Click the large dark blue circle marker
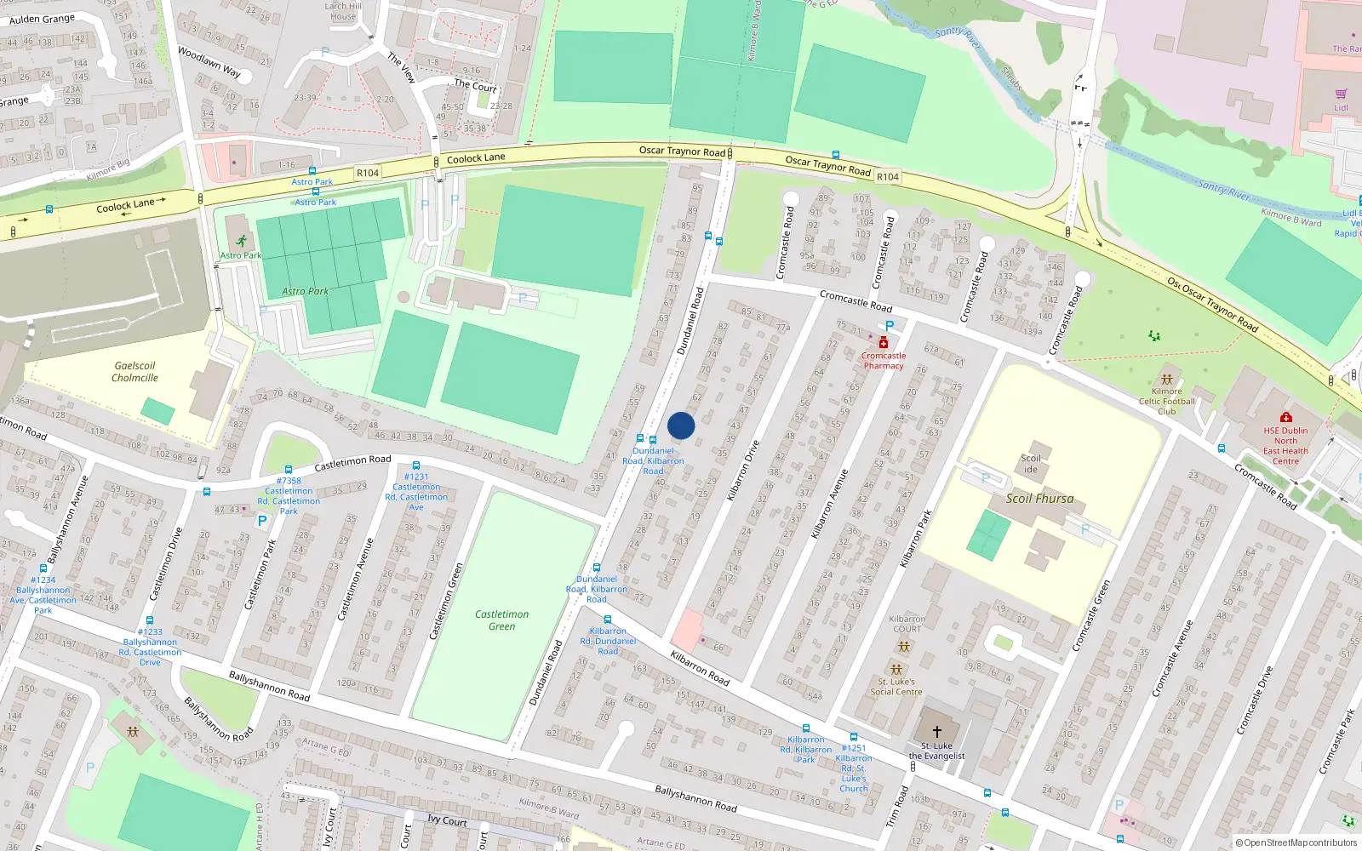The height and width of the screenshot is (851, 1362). coord(681,425)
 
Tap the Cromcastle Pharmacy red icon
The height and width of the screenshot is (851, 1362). coord(884,342)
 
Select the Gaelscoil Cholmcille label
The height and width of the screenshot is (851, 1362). coord(134,372)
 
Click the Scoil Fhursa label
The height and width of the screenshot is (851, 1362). coord(1039,499)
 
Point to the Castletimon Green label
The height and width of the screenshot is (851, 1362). coord(501,620)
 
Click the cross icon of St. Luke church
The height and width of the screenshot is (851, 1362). coord(936,732)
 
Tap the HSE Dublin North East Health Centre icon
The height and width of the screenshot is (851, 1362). coord(1285,417)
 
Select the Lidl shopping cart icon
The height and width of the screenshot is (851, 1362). coord(1342,94)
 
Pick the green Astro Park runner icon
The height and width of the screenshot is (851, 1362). coord(241,241)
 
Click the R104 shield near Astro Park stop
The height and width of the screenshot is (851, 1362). coord(368,173)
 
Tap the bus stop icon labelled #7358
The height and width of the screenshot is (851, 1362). coord(289,470)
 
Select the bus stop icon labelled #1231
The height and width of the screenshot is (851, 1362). coord(416,465)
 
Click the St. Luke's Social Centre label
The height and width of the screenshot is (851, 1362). coord(896,687)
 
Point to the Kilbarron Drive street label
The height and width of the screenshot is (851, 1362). coord(743,470)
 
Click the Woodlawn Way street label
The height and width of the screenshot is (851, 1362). coord(209,62)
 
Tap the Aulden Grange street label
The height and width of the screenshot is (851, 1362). coord(42,19)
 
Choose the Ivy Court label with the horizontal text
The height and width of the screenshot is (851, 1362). coord(447,820)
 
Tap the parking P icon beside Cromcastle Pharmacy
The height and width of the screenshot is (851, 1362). coord(890,326)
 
